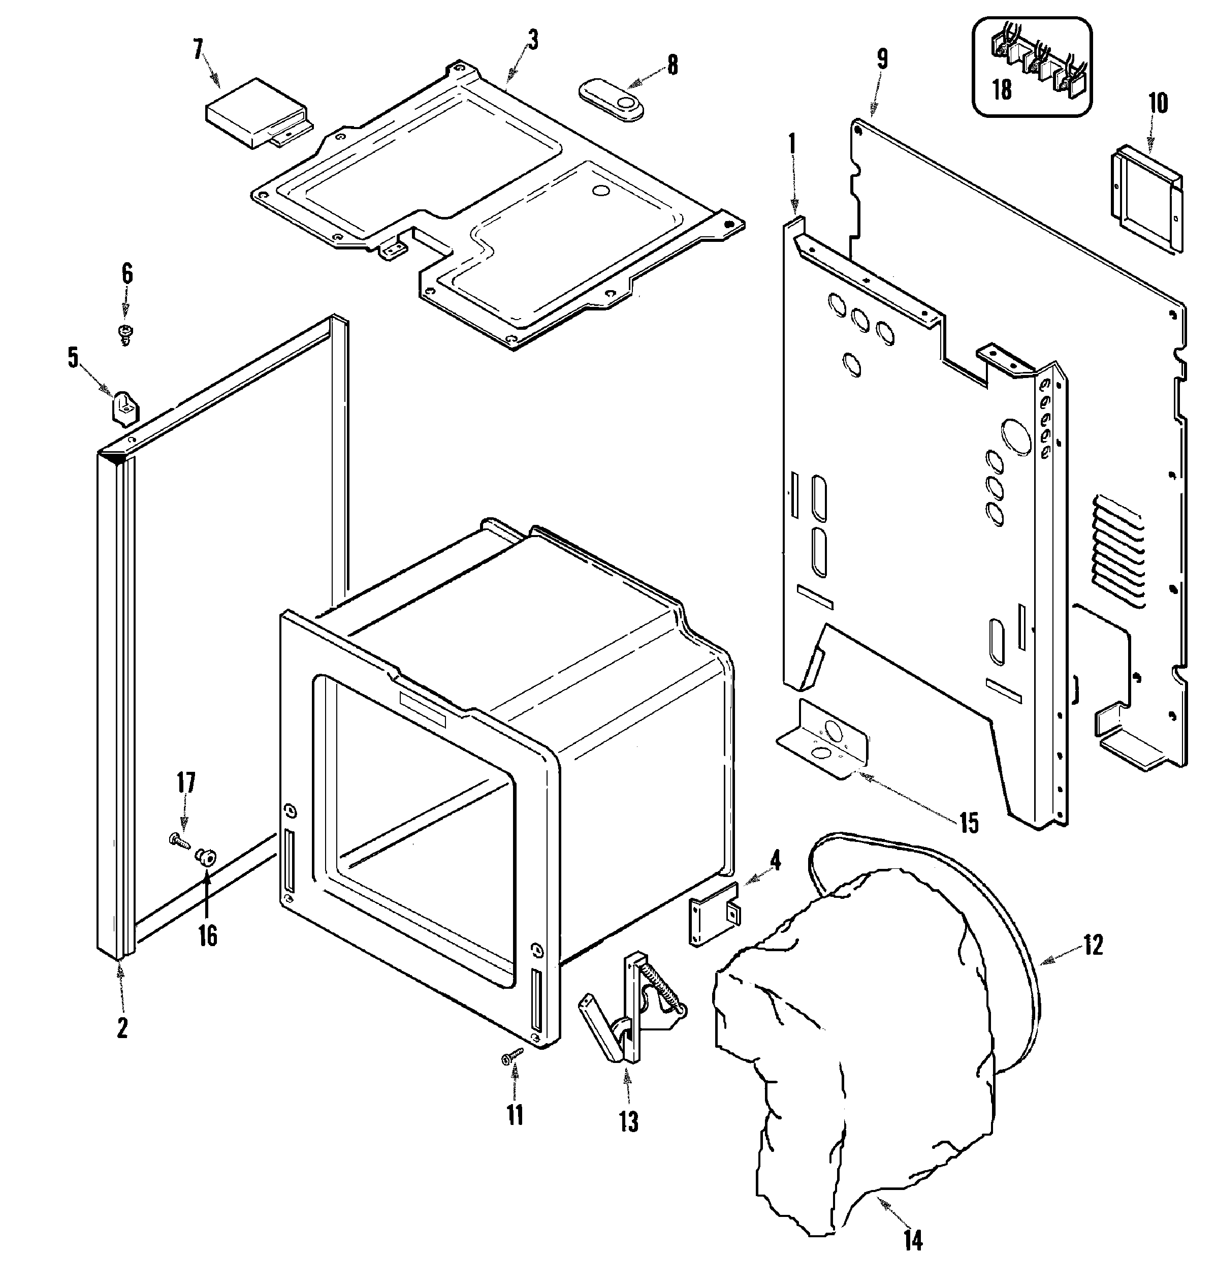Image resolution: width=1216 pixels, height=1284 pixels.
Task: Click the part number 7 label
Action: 198,50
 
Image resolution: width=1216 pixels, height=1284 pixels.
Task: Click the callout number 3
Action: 532,40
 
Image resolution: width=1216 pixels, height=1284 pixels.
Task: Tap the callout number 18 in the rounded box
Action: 1002,89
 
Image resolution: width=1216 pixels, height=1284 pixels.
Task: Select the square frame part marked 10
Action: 1146,199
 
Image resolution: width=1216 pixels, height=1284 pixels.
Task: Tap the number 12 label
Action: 1093,946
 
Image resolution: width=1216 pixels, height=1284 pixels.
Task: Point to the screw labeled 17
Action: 179,841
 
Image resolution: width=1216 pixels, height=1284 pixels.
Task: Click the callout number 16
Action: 207,936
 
